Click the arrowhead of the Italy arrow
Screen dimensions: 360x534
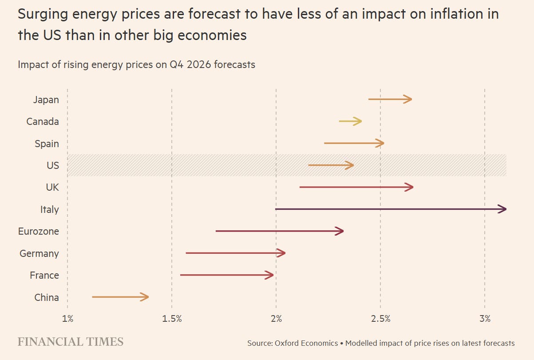tap(504, 209)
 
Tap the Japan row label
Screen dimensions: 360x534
tap(46, 100)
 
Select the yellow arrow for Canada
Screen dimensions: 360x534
tap(350, 121)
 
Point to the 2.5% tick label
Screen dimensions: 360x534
tap(380, 319)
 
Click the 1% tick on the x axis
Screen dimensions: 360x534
tap(67, 319)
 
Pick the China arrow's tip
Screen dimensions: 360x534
tap(147, 297)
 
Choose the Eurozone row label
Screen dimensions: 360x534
tap(38, 232)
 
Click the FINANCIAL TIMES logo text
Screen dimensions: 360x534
tap(71, 342)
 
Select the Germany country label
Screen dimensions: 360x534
tap(39, 253)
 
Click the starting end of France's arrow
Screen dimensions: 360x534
tap(181, 276)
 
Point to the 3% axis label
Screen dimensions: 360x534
tap(485, 319)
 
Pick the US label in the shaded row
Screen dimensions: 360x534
tap(52, 165)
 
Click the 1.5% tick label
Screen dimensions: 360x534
tap(172, 319)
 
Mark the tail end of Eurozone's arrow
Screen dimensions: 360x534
tap(217, 232)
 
